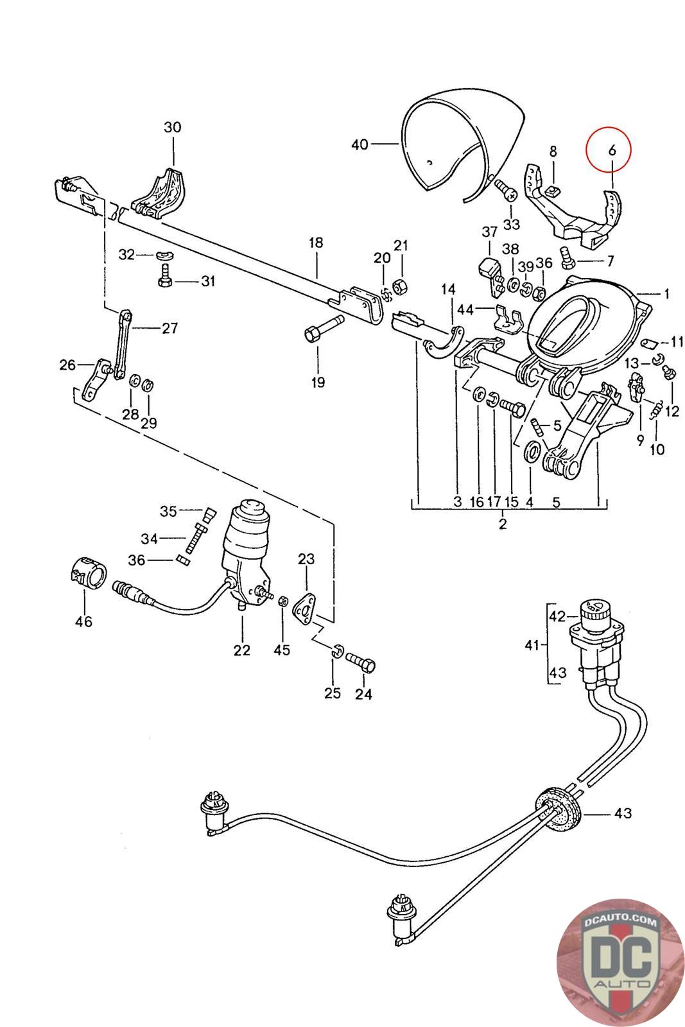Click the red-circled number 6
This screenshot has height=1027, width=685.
click(611, 150)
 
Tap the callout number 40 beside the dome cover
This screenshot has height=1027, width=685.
click(360, 145)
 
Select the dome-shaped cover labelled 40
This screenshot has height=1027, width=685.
click(449, 141)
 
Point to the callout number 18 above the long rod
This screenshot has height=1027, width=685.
click(316, 243)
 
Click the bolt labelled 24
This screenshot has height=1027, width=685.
click(361, 662)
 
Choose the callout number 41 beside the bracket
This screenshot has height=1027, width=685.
click(532, 644)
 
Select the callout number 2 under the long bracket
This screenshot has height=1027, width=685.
click(502, 524)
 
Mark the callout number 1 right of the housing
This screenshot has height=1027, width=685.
click(667, 294)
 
